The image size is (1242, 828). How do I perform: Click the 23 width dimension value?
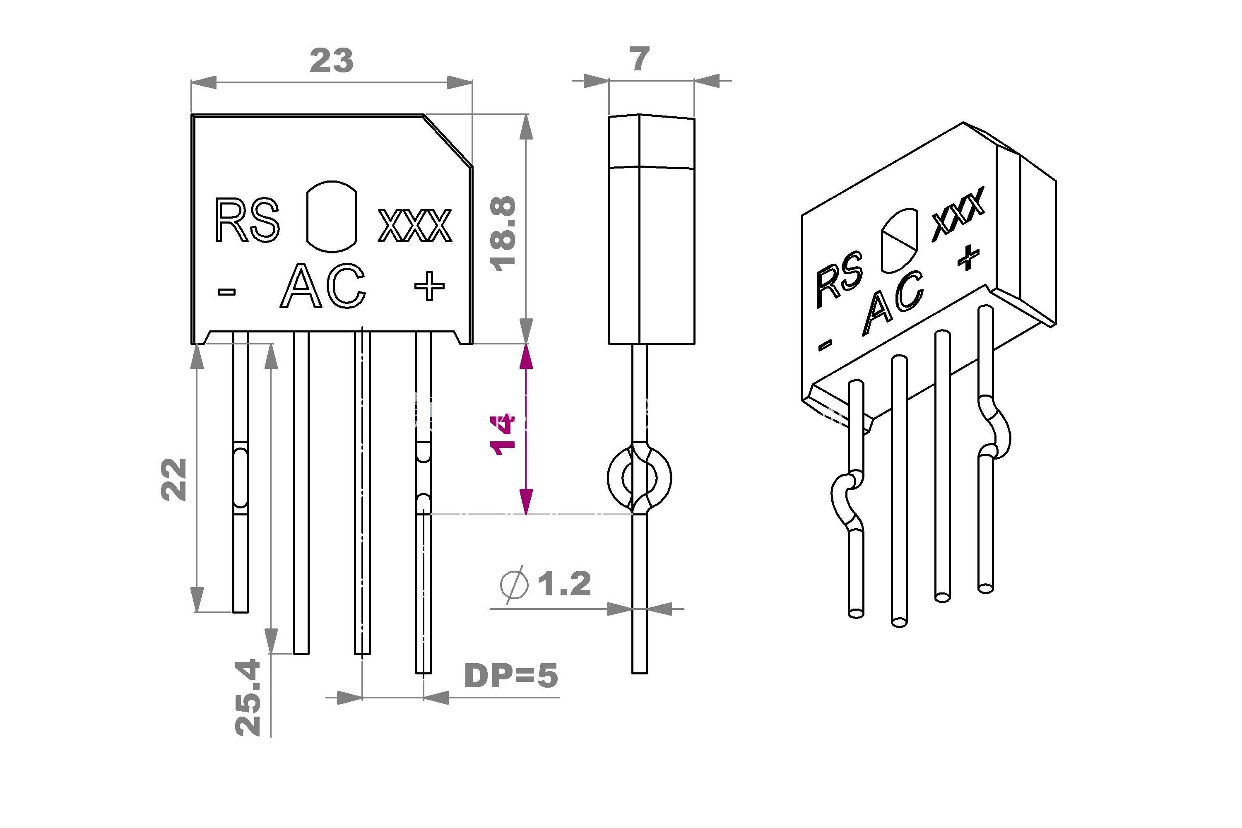[x=332, y=61]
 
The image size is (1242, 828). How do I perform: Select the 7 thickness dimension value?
[x=640, y=59]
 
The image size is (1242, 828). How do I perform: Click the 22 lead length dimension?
[x=174, y=479]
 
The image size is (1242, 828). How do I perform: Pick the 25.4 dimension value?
[x=248, y=697]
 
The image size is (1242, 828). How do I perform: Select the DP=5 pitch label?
[x=510, y=675]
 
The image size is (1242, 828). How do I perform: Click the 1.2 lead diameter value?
[x=564, y=583]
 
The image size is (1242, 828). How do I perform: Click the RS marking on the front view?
[x=247, y=220]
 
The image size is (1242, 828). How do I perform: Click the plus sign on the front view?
[x=429, y=286]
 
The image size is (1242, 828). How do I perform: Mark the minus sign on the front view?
[x=226, y=291]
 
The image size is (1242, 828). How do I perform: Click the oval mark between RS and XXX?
[x=332, y=217]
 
